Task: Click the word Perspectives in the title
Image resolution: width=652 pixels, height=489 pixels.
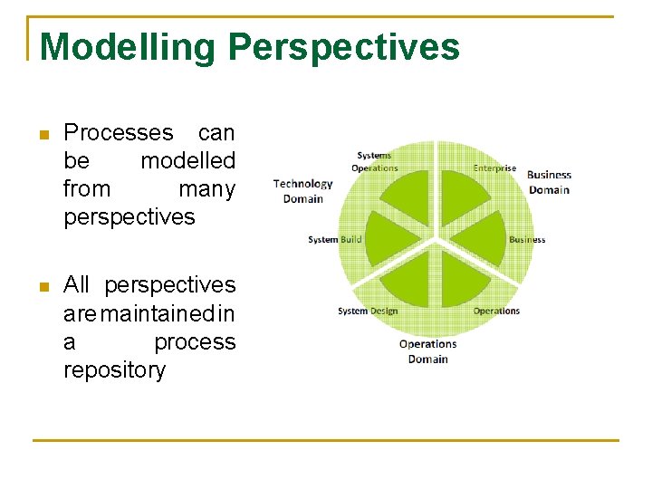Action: tap(345, 46)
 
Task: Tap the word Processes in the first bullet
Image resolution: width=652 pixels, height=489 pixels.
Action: tap(119, 133)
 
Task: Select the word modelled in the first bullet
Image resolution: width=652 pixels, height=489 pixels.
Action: tap(187, 161)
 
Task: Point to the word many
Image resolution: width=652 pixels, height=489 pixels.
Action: tap(206, 189)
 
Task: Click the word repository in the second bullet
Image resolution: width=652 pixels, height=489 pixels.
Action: tap(115, 370)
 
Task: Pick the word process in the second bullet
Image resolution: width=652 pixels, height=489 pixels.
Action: tap(195, 342)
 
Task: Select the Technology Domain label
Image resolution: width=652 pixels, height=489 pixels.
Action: tap(302, 191)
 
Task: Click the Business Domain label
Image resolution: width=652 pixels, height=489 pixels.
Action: tap(549, 182)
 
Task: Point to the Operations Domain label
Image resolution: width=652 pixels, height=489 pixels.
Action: tap(427, 351)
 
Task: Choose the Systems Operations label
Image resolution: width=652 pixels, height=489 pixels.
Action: tap(374, 162)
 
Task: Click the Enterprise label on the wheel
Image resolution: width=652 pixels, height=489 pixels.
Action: tap(494, 168)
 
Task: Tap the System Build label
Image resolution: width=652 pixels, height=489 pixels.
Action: tap(334, 240)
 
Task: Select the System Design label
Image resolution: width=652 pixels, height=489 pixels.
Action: tap(367, 312)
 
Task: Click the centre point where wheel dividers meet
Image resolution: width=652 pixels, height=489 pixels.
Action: tap(436, 241)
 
